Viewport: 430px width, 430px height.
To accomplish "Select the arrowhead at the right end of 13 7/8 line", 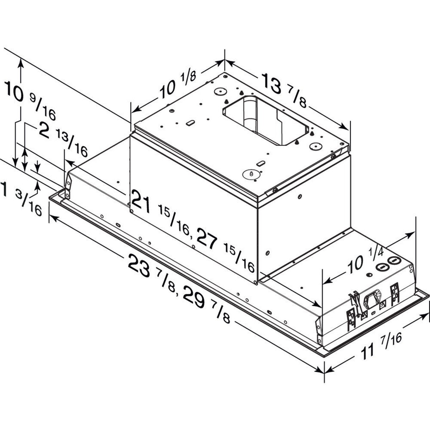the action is [344, 127].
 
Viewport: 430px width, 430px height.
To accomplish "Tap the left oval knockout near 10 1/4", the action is [381, 267].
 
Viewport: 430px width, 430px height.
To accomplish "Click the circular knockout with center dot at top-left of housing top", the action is [220, 91].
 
